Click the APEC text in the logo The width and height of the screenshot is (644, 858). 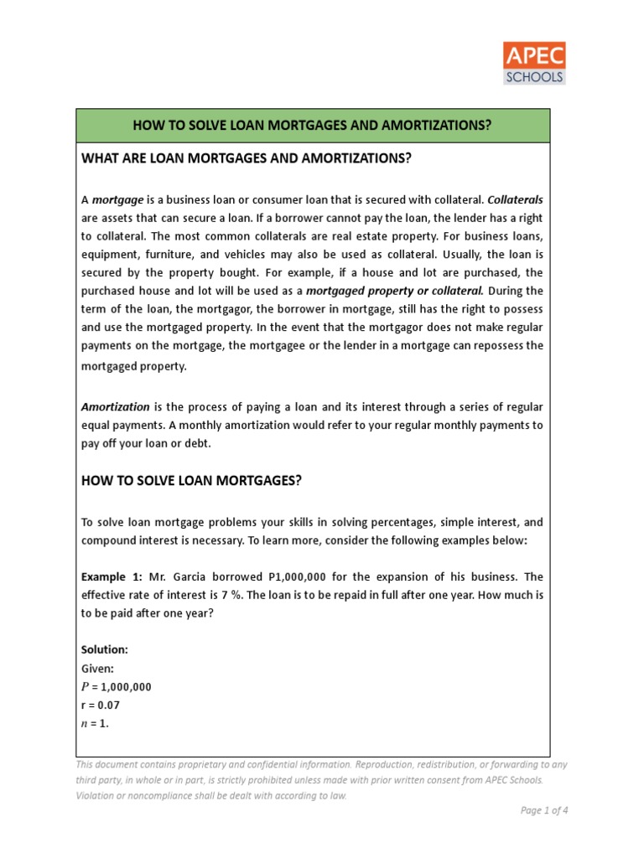click(x=534, y=57)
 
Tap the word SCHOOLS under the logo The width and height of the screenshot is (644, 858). click(x=534, y=77)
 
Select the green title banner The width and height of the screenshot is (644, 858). click(x=312, y=126)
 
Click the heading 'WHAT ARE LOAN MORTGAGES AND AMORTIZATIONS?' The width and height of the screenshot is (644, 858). click(x=247, y=158)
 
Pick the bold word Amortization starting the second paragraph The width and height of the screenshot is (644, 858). click(x=116, y=406)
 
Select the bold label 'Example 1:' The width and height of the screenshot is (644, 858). click(x=112, y=577)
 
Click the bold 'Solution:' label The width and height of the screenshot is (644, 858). click(x=105, y=649)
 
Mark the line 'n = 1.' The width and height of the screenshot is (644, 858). click(x=95, y=723)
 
